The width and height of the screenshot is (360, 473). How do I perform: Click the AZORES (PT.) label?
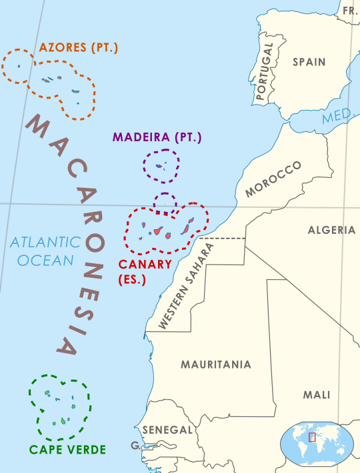tap(79, 48)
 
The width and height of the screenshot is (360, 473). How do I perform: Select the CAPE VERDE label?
tap(67, 450)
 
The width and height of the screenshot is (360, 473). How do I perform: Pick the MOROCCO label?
tap(273, 179)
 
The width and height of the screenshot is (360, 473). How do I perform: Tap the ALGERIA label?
tap(331, 230)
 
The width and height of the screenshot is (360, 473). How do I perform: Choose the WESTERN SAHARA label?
tap(187, 286)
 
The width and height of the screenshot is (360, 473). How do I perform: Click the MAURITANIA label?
tap(216, 364)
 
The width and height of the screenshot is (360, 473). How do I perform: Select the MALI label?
tap(317, 394)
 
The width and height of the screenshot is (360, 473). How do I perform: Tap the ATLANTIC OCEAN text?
tap(45, 251)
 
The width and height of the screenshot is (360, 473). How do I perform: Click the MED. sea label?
tap(335, 118)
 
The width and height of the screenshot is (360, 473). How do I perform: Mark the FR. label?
tap(350, 11)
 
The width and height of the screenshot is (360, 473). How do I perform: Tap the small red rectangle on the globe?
tap(311, 437)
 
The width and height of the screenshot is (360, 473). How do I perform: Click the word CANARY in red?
tap(147, 264)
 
